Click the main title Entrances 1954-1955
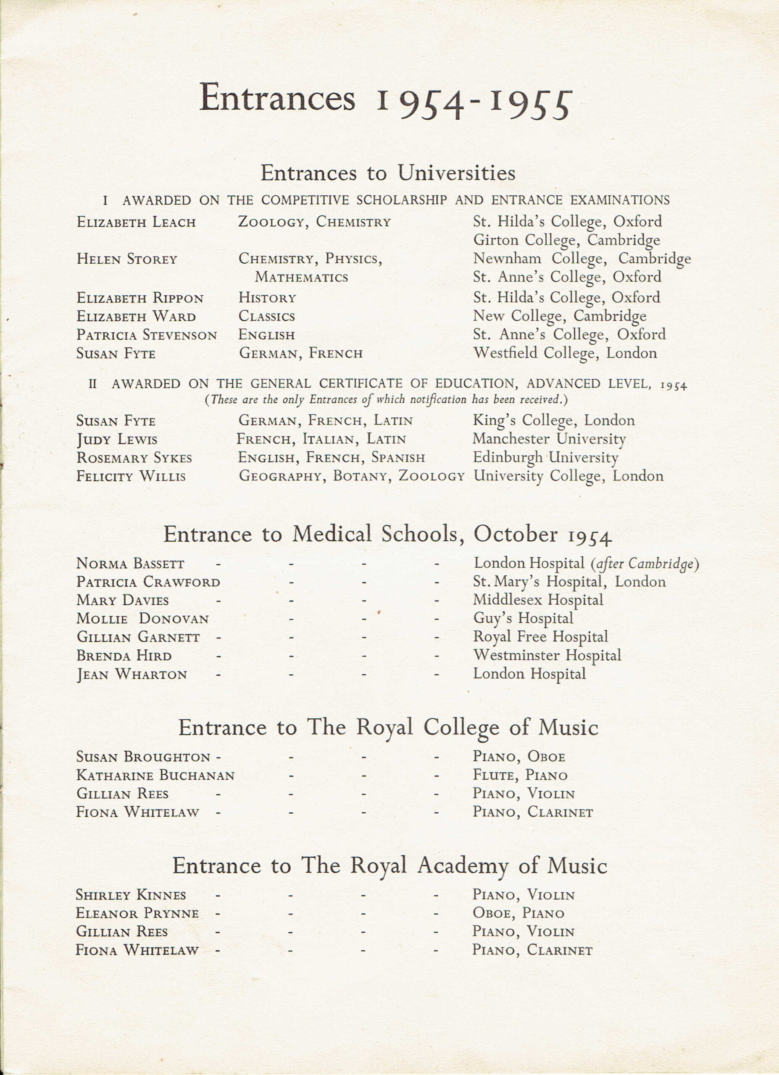tap(385, 100)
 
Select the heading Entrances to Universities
tap(388, 173)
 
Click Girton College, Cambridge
tap(566, 240)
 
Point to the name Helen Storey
tap(126, 259)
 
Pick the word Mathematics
tap(301, 277)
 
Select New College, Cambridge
tap(560, 316)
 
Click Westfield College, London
tap(565, 353)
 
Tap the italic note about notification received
tap(386, 400)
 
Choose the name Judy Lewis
tap(117, 440)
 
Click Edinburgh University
tap(545, 458)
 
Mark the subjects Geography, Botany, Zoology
tap(351, 476)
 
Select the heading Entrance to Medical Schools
tap(387, 535)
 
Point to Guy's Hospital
tap(523, 619)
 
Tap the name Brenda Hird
tap(124, 656)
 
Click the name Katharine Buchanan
tap(155, 776)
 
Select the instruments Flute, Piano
tap(520, 776)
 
